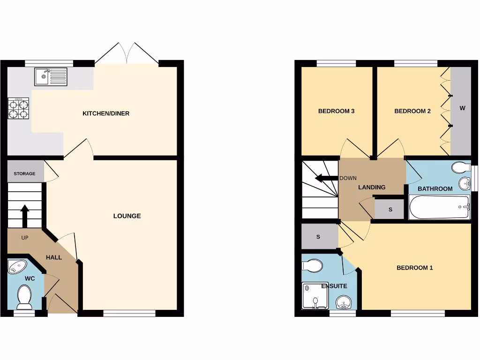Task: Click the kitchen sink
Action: pyautogui.click(x=51, y=77)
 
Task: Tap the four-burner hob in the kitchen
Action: pyautogui.click(x=18, y=108)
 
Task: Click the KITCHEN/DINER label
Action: pyautogui.click(x=106, y=113)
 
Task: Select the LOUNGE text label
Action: pyautogui.click(x=127, y=216)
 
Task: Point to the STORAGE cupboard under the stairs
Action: pyautogui.click(x=25, y=173)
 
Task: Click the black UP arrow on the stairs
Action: pyautogui.click(x=25, y=214)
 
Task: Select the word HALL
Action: pyautogui.click(x=54, y=257)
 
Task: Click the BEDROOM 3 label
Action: pyautogui.click(x=336, y=111)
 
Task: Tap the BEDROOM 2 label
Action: pyautogui.click(x=412, y=111)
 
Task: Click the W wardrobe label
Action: pyautogui.click(x=462, y=108)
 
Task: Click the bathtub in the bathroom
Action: pyautogui.click(x=440, y=207)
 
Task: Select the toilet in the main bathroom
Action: pyautogui.click(x=460, y=167)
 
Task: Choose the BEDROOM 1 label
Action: pyautogui.click(x=415, y=268)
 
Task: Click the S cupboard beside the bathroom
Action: pyautogui.click(x=390, y=210)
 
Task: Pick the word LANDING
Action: pyautogui.click(x=372, y=187)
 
